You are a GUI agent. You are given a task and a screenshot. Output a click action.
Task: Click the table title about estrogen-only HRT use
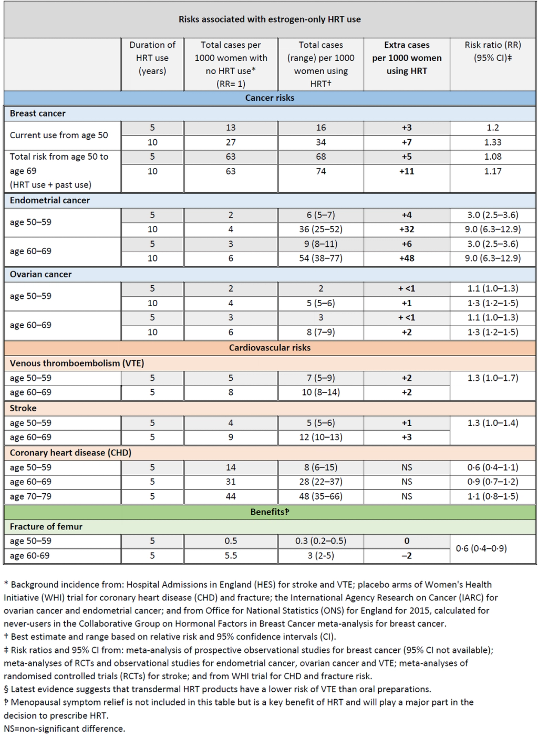pyautogui.click(x=270, y=19)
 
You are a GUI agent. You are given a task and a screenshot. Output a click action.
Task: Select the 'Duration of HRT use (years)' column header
pyautogui.click(x=152, y=58)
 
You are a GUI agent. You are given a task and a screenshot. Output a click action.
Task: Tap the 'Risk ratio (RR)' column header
pyautogui.click(x=492, y=51)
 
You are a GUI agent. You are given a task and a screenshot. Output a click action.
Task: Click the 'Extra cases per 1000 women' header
pyautogui.click(x=407, y=58)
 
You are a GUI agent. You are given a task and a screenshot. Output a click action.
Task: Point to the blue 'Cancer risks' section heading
pyautogui.click(x=270, y=98)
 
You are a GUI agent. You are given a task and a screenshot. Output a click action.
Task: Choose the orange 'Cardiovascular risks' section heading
pyautogui.click(x=270, y=348)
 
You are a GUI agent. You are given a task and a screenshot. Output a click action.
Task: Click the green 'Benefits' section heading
pyautogui.click(x=270, y=512)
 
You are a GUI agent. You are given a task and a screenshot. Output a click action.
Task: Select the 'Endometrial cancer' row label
pyautogui.click(x=50, y=200)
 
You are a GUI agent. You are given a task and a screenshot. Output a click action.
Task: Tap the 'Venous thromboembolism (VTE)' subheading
pyautogui.click(x=77, y=363)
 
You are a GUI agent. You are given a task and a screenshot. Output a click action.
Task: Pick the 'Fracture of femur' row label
pyautogui.click(x=46, y=526)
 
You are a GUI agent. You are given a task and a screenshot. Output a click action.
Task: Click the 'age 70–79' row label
pyautogui.click(x=30, y=496)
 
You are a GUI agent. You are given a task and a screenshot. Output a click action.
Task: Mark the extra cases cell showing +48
pyautogui.click(x=407, y=258)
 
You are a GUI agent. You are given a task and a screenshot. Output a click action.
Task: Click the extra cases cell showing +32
pyautogui.click(x=407, y=230)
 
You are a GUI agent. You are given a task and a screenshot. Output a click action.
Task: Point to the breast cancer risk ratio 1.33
pyautogui.click(x=492, y=142)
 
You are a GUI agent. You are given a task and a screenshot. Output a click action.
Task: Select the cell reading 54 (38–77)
pyautogui.click(x=320, y=258)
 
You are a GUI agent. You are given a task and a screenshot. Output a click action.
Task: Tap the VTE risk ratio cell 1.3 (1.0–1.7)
pyautogui.click(x=492, y=378)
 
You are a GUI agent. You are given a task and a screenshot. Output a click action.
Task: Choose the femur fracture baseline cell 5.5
pyautogui.click(x=231, y=556)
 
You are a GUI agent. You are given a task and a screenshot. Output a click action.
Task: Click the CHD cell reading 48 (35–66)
pyautogui.click(x=320, y=496)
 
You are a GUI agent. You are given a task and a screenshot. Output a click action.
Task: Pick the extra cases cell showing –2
pyautogui.click(x=407, y=556)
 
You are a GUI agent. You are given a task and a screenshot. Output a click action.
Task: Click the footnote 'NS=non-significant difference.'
pyautogui.click(x=65, y=729)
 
